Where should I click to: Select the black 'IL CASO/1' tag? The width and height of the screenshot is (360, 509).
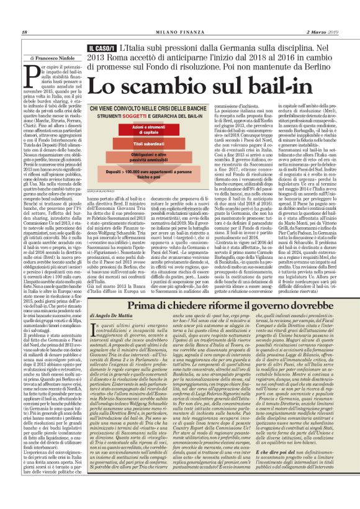(101, 47)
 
